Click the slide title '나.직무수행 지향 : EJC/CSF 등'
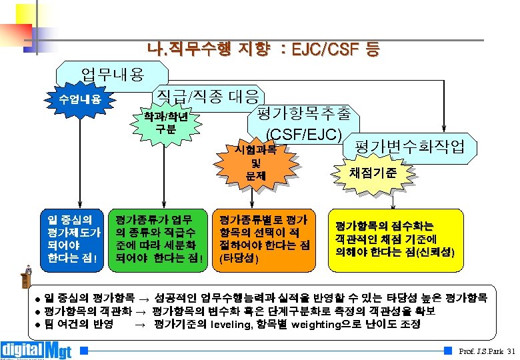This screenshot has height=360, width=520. pyautogui.click(x=264, y=49)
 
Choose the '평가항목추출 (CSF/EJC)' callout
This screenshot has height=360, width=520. pyautogui.click(x=303, y=122)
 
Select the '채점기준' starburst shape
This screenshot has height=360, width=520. pyautogui.click(x=373, y=172)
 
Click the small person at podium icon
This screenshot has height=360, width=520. pyautogui.click(x=27, y=274)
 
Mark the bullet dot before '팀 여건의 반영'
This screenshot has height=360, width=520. pyautogui.click(x=38, y=325)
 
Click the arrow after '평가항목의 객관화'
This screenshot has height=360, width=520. pyautogui.click(x=142, y=311)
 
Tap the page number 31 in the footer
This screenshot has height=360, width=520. pyautogui.click(x=511, y=351)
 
